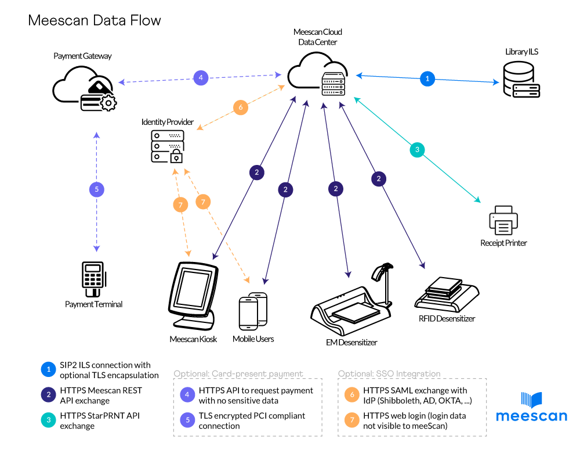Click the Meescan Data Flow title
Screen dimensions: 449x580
point(95,20)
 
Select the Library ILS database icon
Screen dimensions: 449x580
point(521,81)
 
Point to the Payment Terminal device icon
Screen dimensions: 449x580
point(93,276)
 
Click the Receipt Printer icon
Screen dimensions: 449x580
point(503,220)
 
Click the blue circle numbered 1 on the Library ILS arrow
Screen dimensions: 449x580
point(427,78)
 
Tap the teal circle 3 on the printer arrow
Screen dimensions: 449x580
point(416,150)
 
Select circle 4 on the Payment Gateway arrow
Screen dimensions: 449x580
point(200,77)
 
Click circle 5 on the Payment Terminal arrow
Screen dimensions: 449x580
point(97,189)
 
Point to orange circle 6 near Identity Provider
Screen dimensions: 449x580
point(241,107)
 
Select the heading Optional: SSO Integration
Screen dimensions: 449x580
point(389,373)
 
